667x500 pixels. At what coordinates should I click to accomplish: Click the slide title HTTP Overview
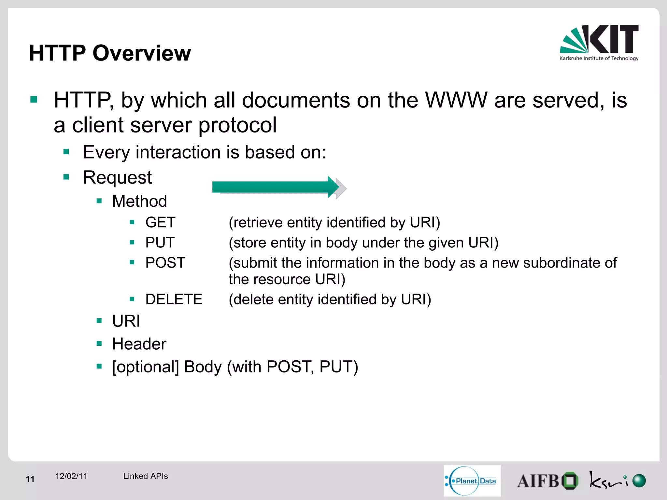tap(110, 53)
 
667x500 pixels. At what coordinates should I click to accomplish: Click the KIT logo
tap(599, 43)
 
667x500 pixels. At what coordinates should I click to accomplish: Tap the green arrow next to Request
tap(276, 187)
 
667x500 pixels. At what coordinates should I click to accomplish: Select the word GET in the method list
tap(160, 222)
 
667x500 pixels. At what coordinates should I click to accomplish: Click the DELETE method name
tap(174, 299)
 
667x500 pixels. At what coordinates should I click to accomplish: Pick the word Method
tap(139, 201)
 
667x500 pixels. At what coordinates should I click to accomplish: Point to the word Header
tap(139, 344)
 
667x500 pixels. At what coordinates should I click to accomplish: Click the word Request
tap(117, 177)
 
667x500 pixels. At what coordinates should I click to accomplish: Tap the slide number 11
tap(30, 479)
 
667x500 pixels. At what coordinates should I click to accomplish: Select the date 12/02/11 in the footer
tap(71, 476)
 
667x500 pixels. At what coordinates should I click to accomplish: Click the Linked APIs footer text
tap(145, 476)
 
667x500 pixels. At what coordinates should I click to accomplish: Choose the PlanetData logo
tap(472, 481)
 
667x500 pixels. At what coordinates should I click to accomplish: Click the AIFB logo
tap(547, 481)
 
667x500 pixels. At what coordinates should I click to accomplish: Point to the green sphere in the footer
tap(639, 481)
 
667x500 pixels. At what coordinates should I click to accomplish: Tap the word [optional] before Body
tap(145, 367)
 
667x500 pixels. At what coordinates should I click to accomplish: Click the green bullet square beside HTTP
tap(34, 99)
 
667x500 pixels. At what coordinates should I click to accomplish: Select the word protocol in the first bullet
tap(237, 125)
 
